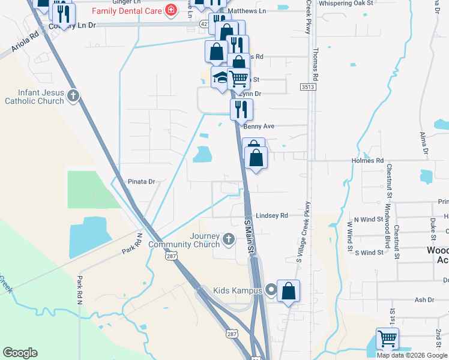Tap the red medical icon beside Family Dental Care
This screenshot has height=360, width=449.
[171, 10]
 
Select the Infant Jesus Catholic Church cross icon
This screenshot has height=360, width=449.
[73, 95]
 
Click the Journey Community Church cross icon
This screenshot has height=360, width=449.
[228, 239]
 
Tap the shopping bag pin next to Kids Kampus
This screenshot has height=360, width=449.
[289, 292]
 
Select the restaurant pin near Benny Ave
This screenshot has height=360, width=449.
[242, 110]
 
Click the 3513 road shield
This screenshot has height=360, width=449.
[309, 87]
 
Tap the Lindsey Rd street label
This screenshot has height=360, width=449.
[272, 215]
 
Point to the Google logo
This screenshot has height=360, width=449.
[20, 353]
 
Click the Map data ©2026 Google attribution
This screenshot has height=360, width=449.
[412, 355]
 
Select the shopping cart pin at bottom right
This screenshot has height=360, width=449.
[387, 339]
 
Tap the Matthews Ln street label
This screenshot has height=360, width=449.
[247, 11]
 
